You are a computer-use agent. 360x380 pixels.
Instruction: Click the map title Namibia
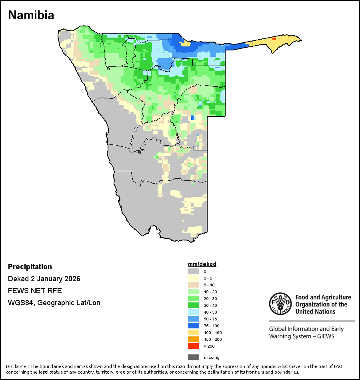31,15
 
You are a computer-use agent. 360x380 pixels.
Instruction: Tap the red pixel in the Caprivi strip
274,38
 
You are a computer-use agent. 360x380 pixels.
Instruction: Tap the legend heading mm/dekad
202,264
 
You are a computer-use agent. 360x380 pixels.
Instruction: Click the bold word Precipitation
30,267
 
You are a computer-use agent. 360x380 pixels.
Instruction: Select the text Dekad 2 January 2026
44,279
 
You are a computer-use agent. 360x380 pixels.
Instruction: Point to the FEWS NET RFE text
35,291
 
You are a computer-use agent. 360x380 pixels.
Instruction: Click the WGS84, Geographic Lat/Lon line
54,303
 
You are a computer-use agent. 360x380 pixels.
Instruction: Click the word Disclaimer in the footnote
17,366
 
